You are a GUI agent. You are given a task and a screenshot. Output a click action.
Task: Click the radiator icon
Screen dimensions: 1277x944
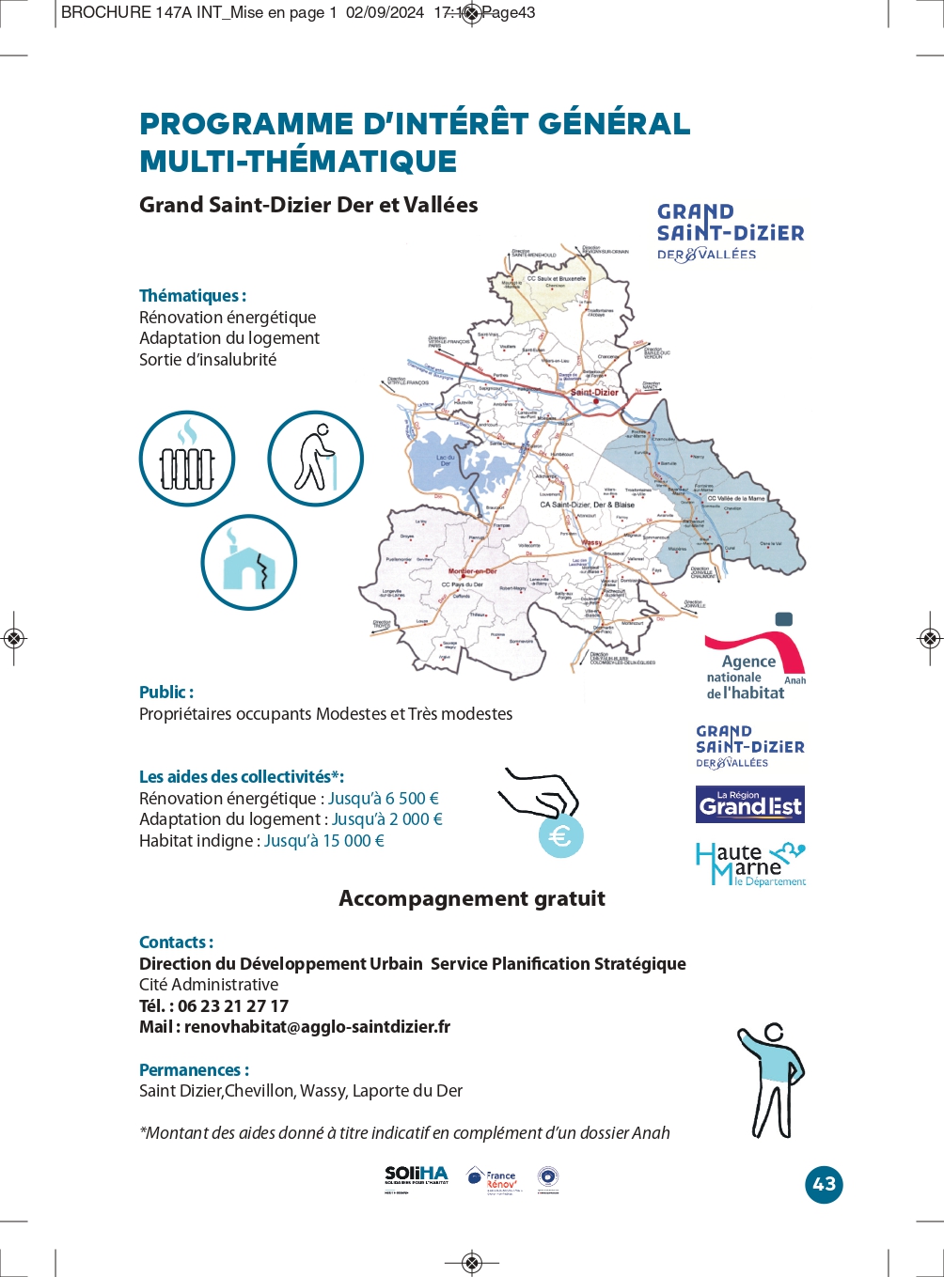tap(187, 459)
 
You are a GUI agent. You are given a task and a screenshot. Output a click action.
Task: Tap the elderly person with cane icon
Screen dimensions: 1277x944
tap(315, 459)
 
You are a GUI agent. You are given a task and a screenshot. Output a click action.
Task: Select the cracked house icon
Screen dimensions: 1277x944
tap(248, 562)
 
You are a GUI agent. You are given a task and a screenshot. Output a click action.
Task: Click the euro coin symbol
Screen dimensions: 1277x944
tap(561, 835)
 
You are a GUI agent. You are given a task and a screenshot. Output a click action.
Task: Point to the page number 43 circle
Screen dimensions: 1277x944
tap(824, 1184)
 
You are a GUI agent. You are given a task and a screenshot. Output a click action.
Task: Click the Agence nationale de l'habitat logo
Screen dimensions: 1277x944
tap(754, 658)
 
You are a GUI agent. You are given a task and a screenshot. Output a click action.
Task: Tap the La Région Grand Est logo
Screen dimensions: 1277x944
tap(750, 804)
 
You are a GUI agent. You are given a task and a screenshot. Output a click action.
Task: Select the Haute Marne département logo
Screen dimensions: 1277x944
tap(750, 864)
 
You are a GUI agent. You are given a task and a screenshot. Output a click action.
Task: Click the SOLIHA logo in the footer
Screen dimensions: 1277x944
tap(417, 1176)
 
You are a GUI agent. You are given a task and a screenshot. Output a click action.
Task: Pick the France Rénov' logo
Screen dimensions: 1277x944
tap(493, 1179)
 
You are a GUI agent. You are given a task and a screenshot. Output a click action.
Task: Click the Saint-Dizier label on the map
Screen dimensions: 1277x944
tap(595, 392)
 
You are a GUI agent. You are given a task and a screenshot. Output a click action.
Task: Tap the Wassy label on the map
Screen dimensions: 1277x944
tap(591, 543)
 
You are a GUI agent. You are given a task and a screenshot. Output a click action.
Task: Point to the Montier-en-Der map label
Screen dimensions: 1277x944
tap(472, 571)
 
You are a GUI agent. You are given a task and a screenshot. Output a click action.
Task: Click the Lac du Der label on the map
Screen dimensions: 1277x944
tap(445, 459)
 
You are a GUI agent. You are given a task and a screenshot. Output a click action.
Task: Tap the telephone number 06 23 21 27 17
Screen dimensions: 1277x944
tap(233, 1005)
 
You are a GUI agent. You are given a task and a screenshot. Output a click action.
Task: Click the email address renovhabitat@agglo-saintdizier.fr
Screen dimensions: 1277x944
tap(317, 1027)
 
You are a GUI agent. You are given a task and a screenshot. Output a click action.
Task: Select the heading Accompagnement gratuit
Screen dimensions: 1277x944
tap(472, 898)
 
